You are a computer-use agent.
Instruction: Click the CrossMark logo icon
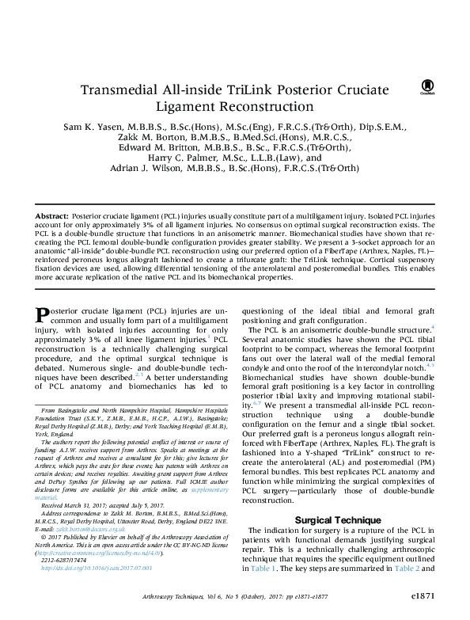pos(426,85)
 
